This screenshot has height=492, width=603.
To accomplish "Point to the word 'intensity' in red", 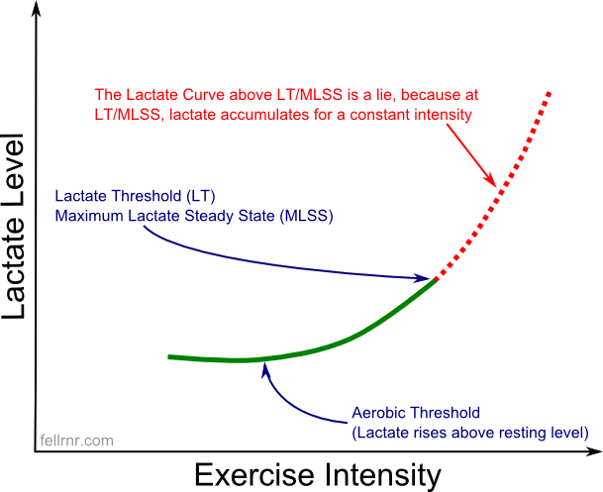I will point(444,115).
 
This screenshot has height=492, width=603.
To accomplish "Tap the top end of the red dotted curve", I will point(549,93).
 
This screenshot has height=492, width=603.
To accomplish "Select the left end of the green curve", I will point(170,356).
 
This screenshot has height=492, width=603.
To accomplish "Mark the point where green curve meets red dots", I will point(436,281).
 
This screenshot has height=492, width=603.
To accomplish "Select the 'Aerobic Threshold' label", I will point(416,413).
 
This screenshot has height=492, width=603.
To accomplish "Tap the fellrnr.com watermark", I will point(76,441).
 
